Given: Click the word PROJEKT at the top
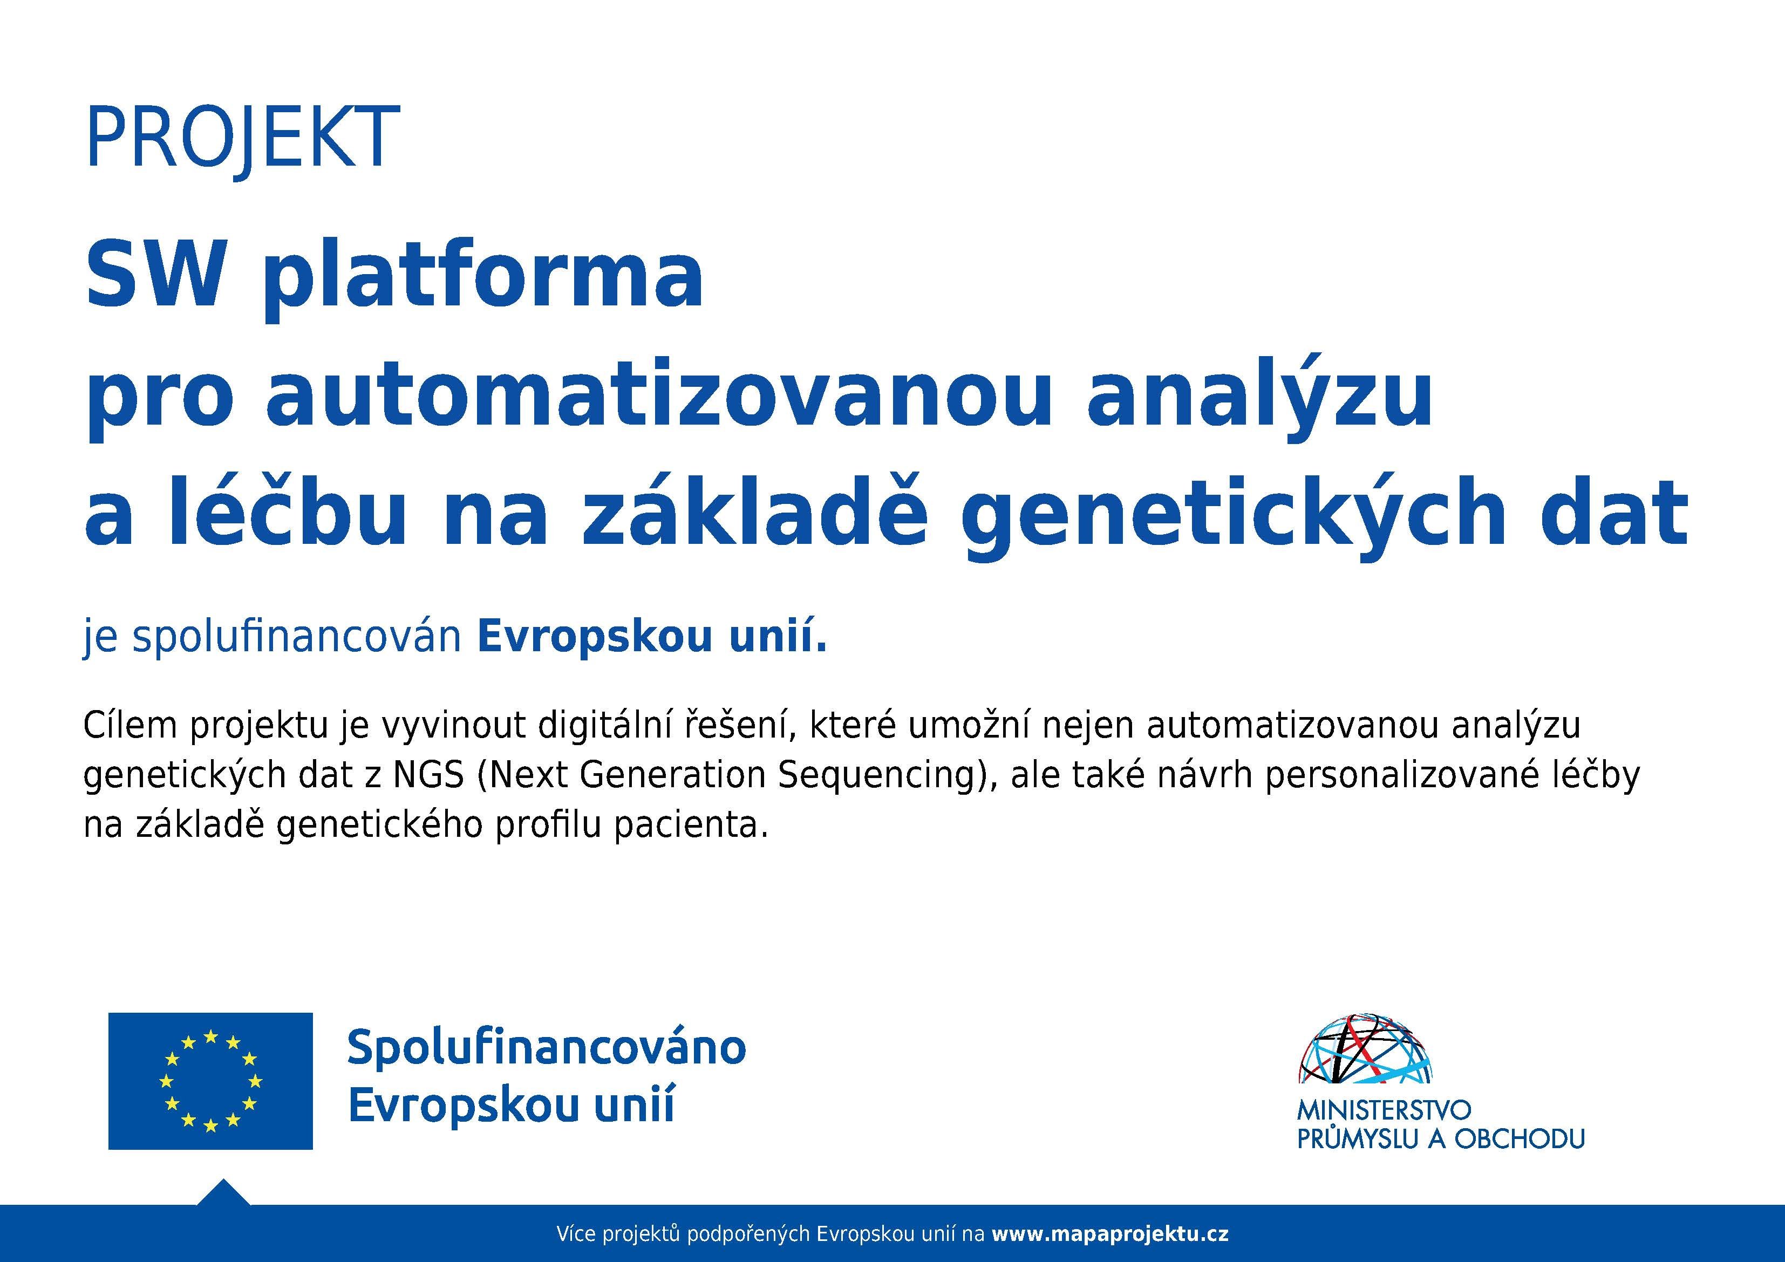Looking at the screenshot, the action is [x=243, y=139].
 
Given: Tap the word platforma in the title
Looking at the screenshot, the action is [x=483, y=279].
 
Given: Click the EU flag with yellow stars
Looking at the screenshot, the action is [x=210, y=1081].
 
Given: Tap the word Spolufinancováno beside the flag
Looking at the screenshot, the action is [x=547, y=1048].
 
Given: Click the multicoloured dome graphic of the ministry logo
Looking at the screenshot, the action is [x=1365, y=1049].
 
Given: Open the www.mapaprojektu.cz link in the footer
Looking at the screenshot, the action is [x=1110, y=1233].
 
